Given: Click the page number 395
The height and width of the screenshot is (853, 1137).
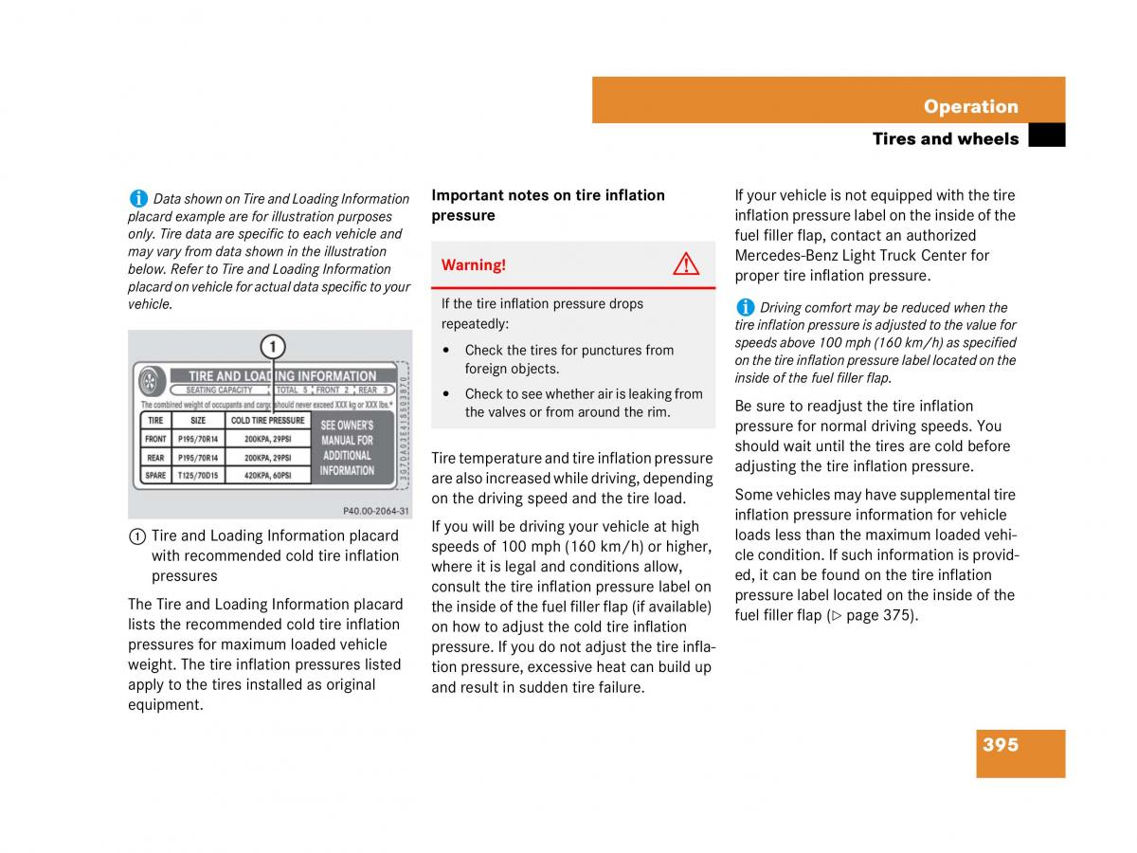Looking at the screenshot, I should coord(1001,745).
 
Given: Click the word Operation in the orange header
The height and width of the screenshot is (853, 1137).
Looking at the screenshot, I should coord(970,106).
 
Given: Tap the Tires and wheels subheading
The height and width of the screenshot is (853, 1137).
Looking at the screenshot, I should coord(945,139).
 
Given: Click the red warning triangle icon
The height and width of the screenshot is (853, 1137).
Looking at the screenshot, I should coord(686,264).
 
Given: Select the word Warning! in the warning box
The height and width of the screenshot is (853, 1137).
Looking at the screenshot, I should coord(474,265).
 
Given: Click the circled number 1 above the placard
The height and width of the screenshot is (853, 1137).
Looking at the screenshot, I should coord(272,346).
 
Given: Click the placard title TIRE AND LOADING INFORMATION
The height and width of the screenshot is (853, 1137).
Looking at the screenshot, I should coord(282,376).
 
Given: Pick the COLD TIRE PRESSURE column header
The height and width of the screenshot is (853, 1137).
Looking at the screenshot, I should coord(268,420).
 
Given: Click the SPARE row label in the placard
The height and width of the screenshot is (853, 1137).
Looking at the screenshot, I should coord(155,475).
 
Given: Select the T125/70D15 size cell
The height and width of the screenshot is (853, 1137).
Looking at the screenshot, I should coord(198,475).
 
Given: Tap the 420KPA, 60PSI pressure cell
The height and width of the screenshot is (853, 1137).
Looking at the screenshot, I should coord(268,475).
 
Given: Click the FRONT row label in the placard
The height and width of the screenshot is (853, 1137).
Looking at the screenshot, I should coord(155,439).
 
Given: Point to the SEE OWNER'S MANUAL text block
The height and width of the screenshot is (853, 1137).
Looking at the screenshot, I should coord(347,447).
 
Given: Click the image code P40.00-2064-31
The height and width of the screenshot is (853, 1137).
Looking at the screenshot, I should coord(375,511).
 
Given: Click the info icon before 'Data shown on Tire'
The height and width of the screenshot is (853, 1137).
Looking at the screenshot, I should coord(138,198).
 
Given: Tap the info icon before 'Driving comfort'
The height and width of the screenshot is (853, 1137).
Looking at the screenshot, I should coord(745,307).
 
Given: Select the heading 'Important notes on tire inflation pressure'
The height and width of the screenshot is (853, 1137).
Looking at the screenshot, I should coord(548,205).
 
